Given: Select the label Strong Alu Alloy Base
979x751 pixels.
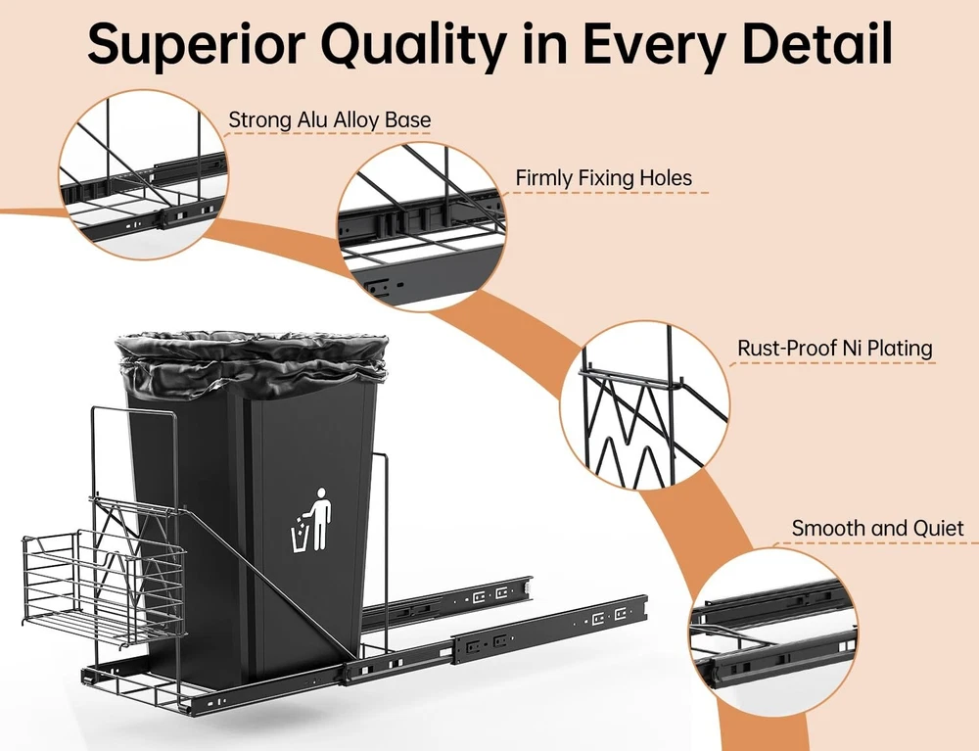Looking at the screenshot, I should [x=330, y=120].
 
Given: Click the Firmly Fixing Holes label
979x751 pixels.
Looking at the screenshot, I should [x=604, y=178].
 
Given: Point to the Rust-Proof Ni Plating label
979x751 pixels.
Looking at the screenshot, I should [x=835, y=349].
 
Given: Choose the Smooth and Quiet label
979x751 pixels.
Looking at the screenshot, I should [x=878, y=529].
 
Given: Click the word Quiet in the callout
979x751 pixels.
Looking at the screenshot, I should [x=937, y=529].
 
